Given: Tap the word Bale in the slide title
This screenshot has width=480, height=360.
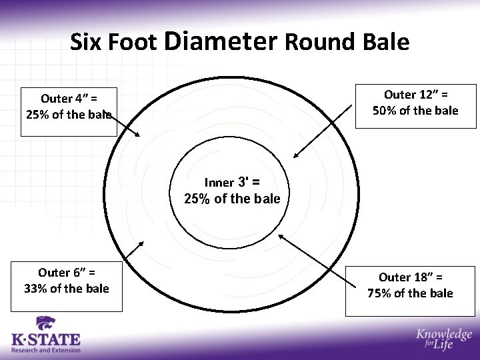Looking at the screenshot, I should (386, 42).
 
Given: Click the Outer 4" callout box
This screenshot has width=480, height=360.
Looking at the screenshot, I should (69, 111).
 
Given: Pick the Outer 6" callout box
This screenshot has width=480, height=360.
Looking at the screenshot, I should (67, 286).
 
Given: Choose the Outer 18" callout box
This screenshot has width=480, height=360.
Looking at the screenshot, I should (410, 291).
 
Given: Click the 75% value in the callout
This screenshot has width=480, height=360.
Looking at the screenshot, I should (380, 293).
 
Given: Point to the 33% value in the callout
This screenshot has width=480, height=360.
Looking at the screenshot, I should (35, 289).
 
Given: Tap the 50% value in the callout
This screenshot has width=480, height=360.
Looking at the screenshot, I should (385, 111).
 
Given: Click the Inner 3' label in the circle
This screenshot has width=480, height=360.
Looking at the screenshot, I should (231, 182).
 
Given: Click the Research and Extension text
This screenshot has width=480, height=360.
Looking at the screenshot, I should (45, 350).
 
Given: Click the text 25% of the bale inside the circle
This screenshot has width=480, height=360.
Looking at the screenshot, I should (232, 199).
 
